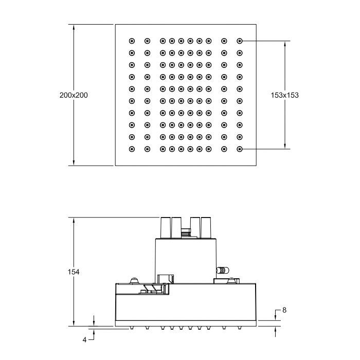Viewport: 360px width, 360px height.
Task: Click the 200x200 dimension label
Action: click(74, 95)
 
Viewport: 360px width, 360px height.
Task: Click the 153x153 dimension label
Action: click(285, 95)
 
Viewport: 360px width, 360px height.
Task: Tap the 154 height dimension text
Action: click(74, 272)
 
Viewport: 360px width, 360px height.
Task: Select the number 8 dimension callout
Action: click(284, 310)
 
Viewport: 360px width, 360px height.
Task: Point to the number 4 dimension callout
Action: click(84, 340)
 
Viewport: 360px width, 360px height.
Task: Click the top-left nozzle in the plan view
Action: click(132, 41)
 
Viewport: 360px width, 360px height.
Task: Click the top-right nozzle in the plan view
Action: click(240, 41)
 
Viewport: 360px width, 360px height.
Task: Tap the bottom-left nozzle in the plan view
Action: click(132, 149)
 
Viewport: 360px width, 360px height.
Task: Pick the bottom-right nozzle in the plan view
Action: click(240, 149)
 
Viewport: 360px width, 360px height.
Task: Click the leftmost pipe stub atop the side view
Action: click(165, 227)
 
